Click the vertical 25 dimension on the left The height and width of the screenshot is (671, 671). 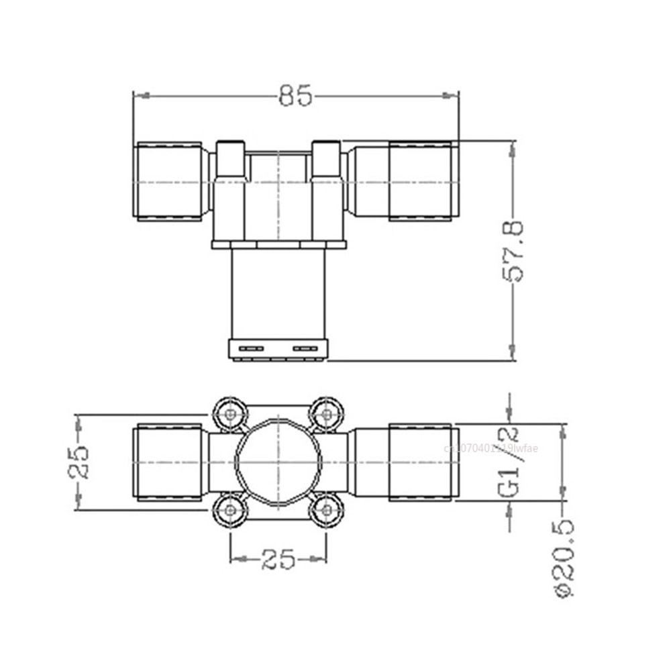(79, 462)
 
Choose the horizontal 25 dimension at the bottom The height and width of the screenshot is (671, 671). (278, 558)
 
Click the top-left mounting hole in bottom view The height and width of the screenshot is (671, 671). (231, 414)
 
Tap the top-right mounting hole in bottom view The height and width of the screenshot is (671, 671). (327, 414)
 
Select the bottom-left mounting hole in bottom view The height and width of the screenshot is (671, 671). (231, 511)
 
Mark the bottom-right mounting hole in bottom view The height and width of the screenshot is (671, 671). (327, 511)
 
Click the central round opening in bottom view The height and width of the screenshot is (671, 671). (278, 462)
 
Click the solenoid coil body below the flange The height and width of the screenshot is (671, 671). (278, 293)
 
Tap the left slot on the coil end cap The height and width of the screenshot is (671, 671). (252, 348)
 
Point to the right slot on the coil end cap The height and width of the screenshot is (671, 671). (305, 348)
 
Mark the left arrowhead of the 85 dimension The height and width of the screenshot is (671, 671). (138, 96)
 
